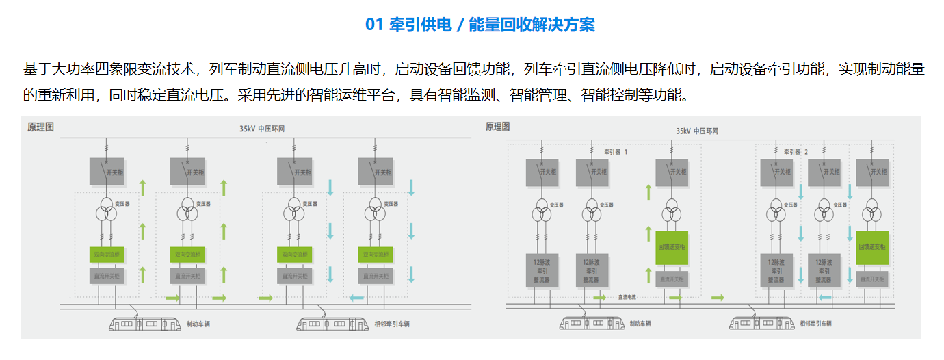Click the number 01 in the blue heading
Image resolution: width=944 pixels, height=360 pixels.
[x=373, y=25]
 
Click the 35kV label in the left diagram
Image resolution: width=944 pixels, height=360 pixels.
[x=247, y=128]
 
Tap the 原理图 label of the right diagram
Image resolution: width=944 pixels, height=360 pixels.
[x=499, y=127]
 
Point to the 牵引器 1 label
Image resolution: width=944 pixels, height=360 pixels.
[x=615, y=151]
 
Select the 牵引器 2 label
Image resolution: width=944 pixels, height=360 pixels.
[x=796, y=151]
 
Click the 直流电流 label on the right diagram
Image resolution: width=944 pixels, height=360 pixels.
[x=627, y=298]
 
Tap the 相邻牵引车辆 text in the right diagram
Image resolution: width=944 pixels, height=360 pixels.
[x=816, y=323]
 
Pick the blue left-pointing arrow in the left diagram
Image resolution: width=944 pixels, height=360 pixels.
[x=356, y=298]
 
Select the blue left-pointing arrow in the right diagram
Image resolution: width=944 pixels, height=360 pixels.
[x=825, y=298]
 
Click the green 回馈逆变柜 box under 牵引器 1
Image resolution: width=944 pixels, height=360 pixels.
[x=672, y=247]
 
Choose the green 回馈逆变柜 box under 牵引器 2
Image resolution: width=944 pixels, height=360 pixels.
[x=872, y=247]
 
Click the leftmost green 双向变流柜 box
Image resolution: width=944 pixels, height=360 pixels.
[x=106, y=255]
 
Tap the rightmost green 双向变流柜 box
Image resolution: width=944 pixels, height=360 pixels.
[x=376, y=255]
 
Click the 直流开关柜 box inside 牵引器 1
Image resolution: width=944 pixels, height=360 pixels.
[x=672, y=279]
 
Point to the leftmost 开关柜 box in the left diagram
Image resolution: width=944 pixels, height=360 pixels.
[x=106, y=172]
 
